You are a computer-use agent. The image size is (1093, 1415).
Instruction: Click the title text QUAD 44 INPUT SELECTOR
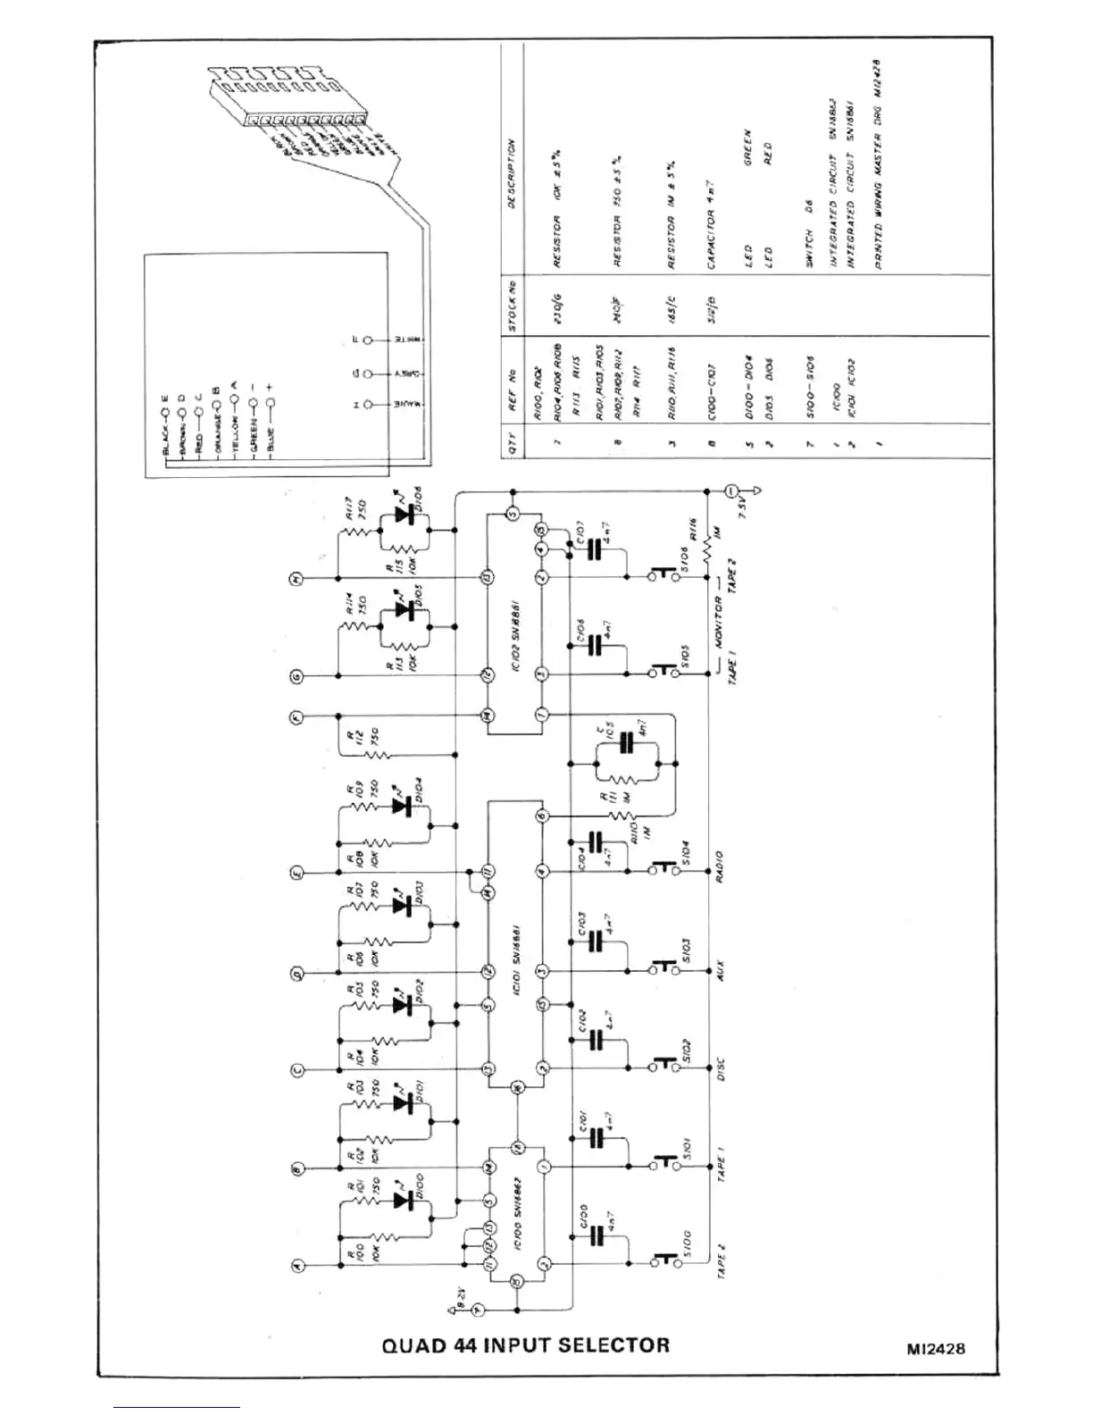pos(525,1344)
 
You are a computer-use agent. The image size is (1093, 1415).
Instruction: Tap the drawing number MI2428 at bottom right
pos(934,1349)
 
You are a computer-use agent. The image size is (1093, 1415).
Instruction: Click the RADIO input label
pos(720,866)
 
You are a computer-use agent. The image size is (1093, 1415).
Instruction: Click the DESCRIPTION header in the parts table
pos(512,173)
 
